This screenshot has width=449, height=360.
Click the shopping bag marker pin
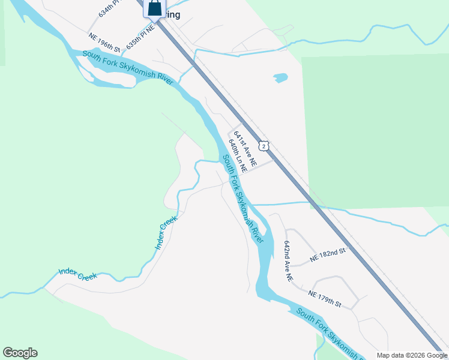point(155,8)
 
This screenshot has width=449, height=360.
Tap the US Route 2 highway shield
point(264,146)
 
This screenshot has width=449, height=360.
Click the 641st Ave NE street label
point(245,149)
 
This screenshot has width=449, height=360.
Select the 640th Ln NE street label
point(238,158)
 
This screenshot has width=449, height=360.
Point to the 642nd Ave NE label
point(288,262)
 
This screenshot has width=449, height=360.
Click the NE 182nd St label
point(328,255)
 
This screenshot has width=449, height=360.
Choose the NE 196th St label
point(104,42)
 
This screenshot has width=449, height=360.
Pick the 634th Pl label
point(108,8)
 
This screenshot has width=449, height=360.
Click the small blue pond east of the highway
point(280,78)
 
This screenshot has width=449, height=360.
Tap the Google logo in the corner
point(20,353)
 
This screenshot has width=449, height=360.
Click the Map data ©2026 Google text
point(412,356)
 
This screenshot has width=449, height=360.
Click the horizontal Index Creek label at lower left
point(77,275)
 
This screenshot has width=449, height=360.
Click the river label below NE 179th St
point(330,334)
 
